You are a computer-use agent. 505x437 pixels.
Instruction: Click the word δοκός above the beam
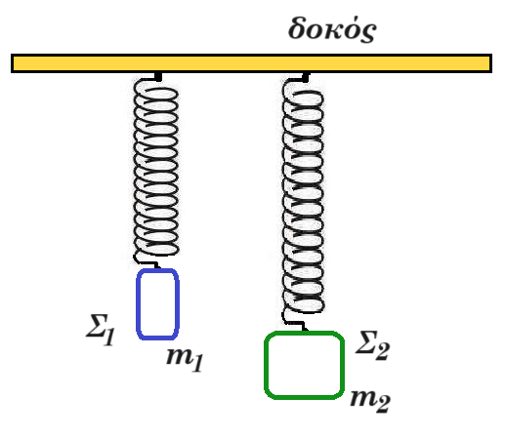click(x=332, y=29)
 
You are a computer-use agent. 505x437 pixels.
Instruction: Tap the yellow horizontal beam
click(x=251, y=63)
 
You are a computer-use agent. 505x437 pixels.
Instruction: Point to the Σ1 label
click(x=101, y=330)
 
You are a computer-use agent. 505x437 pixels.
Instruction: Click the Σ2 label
click(x=372, y=345)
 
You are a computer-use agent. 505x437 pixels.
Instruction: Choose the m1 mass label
click(x=185, y=359)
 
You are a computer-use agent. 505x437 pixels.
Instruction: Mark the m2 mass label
click(x=370, y=400)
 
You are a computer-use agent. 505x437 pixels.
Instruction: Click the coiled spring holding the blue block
click(x=156, y=169)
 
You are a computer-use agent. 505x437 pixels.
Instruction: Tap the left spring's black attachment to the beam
click(x=158, y=77)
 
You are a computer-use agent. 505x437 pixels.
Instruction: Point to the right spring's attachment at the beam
click(x=306, y=77)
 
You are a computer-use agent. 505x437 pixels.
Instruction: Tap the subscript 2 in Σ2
click(x=382, y=351)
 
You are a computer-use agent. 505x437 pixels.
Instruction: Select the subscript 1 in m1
click(x=197, y=363)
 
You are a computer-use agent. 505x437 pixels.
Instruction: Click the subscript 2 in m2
click(x=383, y=404)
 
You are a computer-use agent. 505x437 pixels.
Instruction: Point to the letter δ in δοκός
click(x=298, y=28)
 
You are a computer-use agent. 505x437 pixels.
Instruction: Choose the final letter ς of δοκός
click(x=368, y=33)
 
